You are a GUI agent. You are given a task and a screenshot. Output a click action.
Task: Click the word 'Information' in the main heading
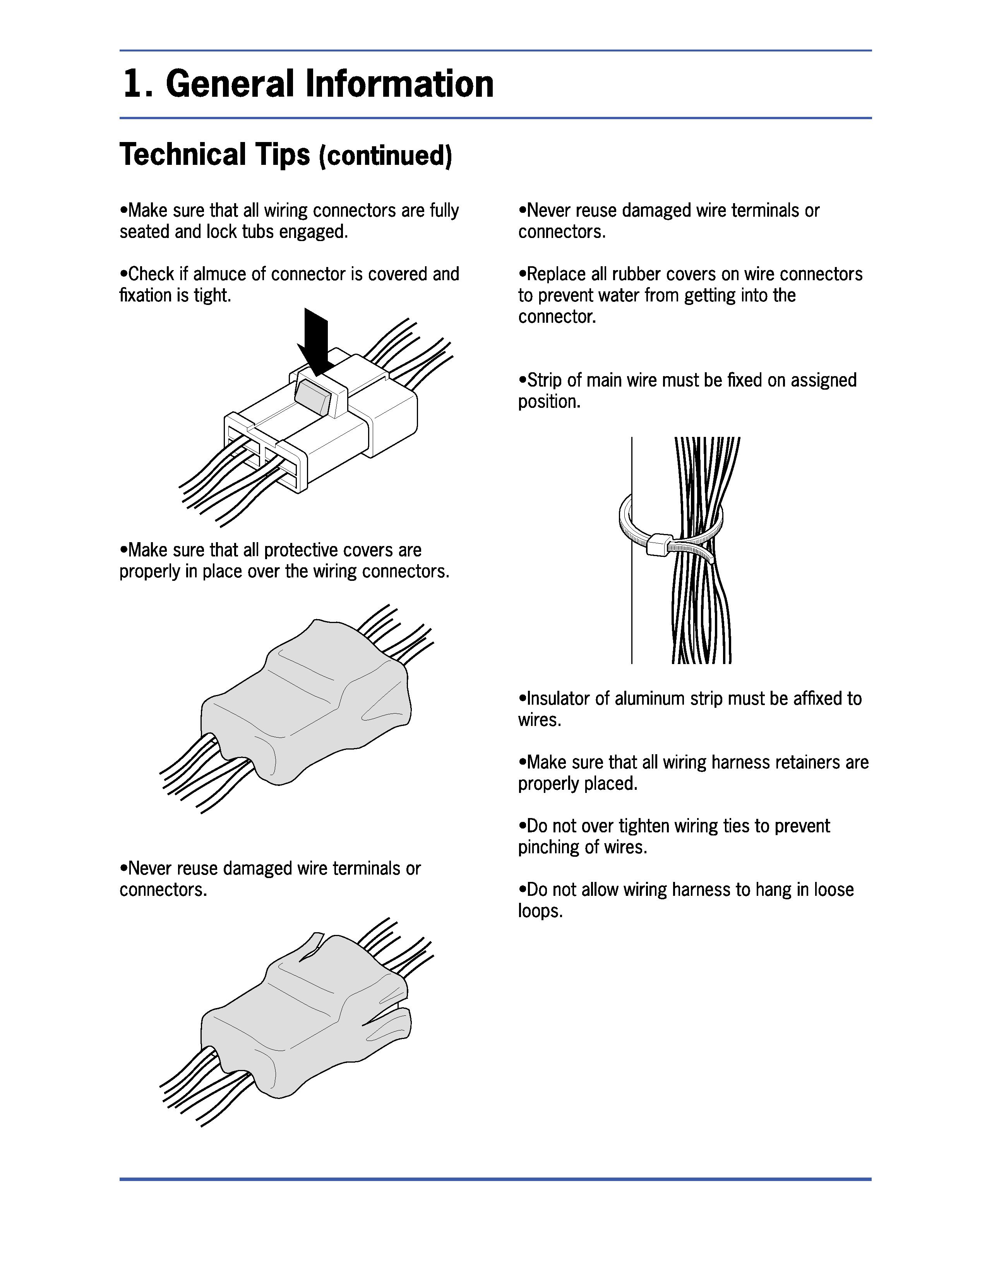[399, 84]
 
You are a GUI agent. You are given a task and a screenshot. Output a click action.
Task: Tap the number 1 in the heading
[133, 84]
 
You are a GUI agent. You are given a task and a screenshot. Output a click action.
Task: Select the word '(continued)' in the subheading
[386, 156]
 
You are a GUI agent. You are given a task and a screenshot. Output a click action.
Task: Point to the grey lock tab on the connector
[312, 396]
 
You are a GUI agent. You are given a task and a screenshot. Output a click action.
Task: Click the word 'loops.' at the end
[540, 911]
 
